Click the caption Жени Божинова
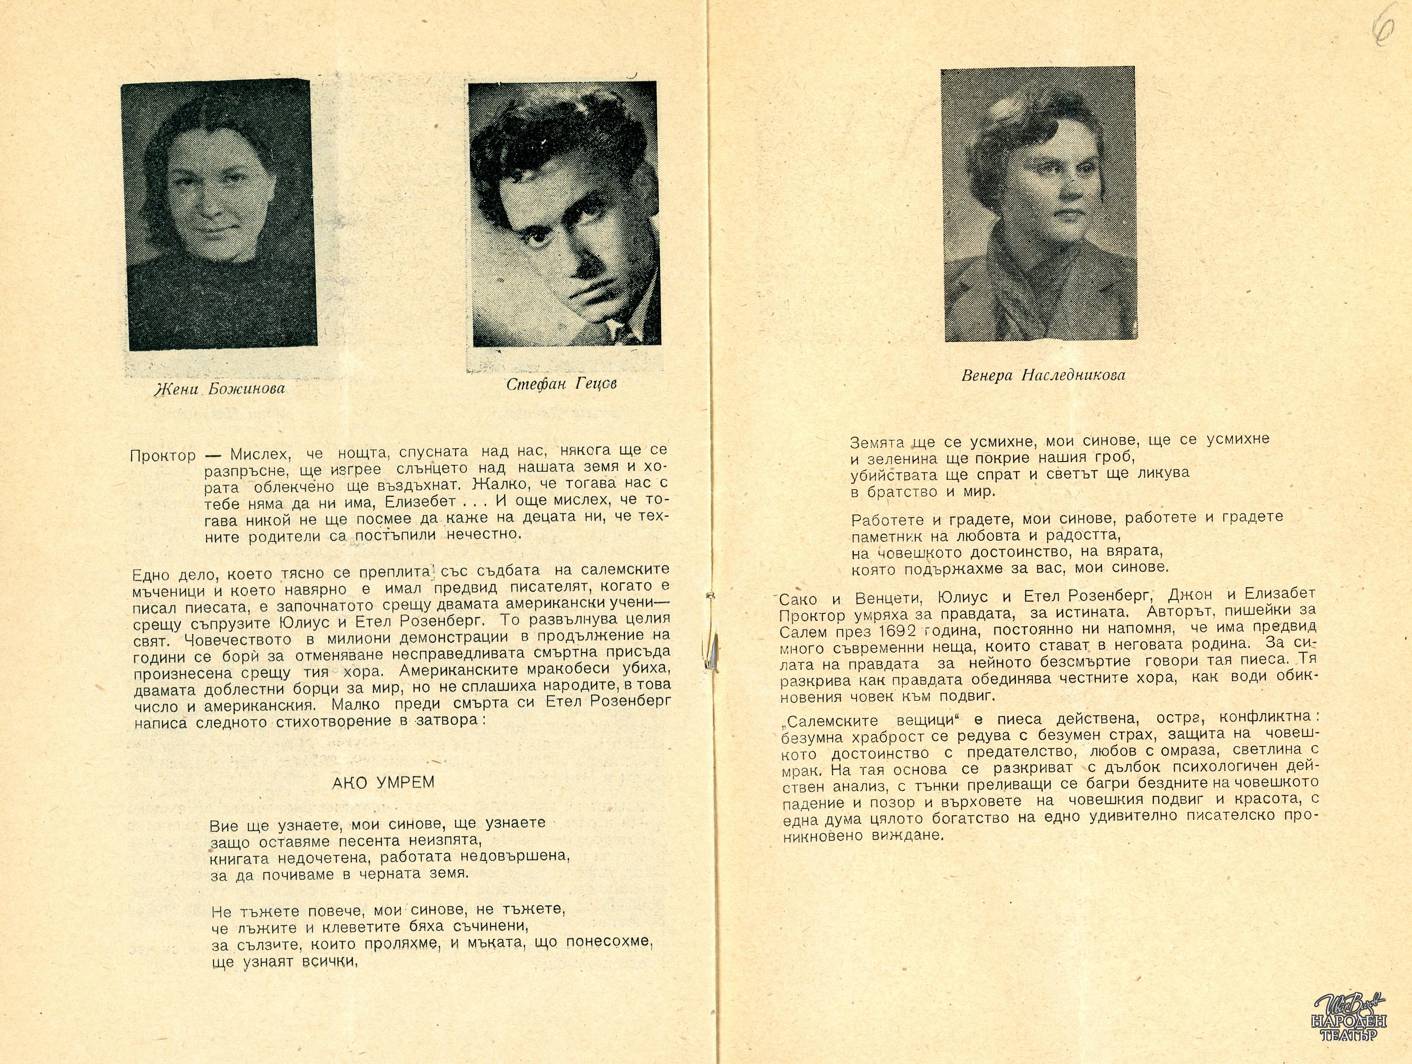click(219, 389)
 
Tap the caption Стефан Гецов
click(562, 384)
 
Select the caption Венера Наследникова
click(1043, 375)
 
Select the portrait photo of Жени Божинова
click(219, 215)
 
